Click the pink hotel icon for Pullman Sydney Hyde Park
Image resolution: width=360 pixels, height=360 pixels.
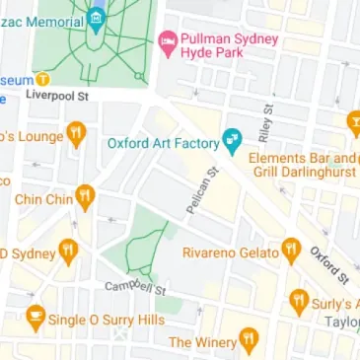(x=168, y=42)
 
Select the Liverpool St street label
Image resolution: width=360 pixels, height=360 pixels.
(x=57, y=97)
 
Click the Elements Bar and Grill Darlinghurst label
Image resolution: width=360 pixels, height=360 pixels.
(x=301, y=166)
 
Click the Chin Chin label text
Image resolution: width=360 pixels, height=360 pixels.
(x=44, y=200)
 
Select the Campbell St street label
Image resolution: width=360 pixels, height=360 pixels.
(x=136, y=287)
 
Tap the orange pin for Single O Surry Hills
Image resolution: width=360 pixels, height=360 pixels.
(x=36, y=318)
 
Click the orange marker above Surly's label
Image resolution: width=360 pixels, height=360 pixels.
(x=299, y=301)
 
